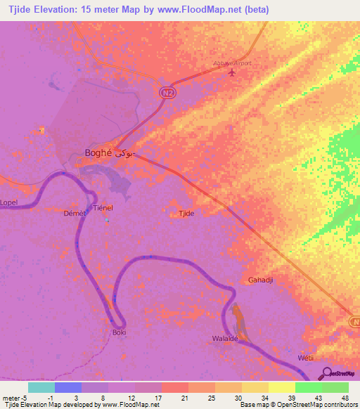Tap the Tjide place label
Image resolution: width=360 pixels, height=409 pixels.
pos(186,213)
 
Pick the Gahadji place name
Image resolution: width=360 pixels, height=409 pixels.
pos(260,280)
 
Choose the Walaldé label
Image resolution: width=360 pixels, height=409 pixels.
pos(227,338)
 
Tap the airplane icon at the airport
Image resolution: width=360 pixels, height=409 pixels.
pos(233,73)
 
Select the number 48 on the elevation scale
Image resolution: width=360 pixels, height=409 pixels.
pos(343,397)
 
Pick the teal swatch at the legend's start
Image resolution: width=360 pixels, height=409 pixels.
pos(41,387)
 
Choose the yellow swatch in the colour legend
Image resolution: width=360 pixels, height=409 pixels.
pos(281,387)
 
